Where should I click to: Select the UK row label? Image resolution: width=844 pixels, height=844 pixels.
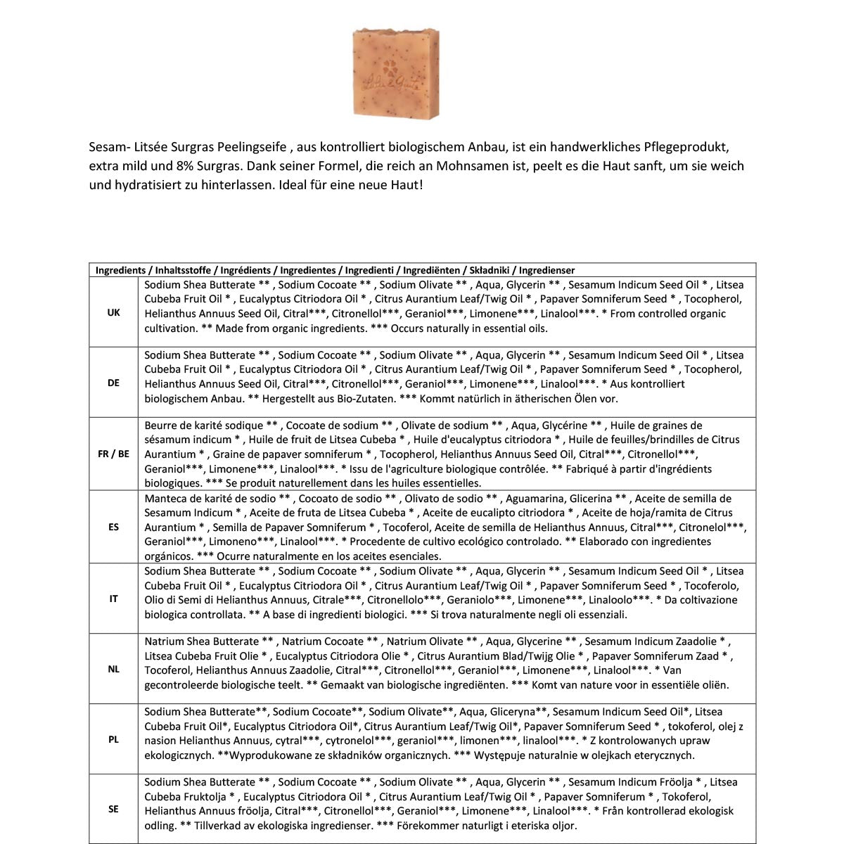pyautogui.click(x=113, y=313)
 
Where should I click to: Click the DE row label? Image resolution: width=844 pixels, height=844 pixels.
pyautogui.click(x=113, y=383)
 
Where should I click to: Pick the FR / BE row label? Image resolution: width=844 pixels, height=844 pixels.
pyautogui.click(x=113, y=454)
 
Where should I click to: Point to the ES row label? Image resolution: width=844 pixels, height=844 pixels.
pyautogui.click(x=113, y=527)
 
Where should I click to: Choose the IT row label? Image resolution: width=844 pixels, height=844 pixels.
pyautogui.click(x=113, y=599)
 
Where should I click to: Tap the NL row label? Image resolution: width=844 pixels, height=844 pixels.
pyautogui.click(x=113, y=669)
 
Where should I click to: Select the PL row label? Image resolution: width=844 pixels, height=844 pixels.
pyautogui.click(x=113, y=739)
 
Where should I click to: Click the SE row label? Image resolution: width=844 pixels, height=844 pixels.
pyautogui.click(x=113, y=810)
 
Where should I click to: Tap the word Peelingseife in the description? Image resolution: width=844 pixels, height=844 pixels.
pyautogui.click(x=254, y=148)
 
